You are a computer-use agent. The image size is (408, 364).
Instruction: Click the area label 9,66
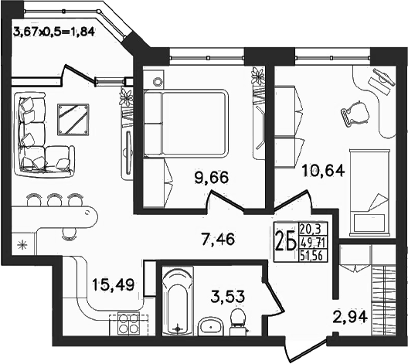212,177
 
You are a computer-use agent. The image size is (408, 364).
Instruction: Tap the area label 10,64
323,171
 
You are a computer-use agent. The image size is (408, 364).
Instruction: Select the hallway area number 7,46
218,239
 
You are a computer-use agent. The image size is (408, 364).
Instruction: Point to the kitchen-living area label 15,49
113,284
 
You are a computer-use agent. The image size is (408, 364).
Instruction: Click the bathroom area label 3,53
228,297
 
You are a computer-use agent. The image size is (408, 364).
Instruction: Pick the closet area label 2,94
351,317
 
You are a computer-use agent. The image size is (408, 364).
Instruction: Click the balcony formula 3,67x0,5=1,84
53,32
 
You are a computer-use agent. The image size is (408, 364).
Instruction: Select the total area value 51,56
311,256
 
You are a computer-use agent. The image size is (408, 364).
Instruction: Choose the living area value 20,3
310,230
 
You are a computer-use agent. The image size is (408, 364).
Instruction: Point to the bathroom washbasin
210,326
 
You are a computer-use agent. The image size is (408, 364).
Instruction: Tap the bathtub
178,301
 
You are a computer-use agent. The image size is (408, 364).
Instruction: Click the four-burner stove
127,324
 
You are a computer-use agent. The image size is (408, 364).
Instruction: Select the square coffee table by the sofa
73,120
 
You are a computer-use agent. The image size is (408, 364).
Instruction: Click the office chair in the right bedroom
355,114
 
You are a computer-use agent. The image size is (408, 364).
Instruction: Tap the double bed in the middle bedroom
185,124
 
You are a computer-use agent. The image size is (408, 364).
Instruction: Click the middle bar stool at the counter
54,199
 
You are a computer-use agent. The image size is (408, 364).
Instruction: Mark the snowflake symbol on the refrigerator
22,245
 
